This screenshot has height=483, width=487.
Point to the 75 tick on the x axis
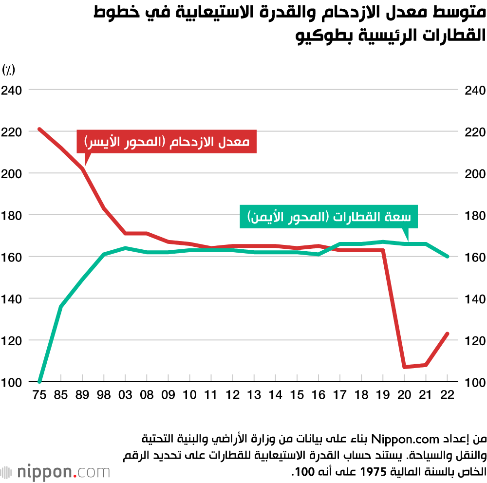[x=39, y=395]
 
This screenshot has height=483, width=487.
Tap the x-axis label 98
[x=104, y=395]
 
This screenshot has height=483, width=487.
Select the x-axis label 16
[x=318, y=395]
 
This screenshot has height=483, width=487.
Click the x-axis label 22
[x=447, y=395]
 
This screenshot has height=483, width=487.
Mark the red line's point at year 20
[x=404, y=367]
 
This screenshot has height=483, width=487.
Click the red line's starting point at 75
[x=39, y=129]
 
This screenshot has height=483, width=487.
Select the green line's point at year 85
[x=61, y=307]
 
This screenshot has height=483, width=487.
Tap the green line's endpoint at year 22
[x=447, y=257]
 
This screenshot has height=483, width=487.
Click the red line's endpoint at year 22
[x=447, y=334]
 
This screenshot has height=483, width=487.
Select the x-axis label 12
[x=233, y=395]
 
